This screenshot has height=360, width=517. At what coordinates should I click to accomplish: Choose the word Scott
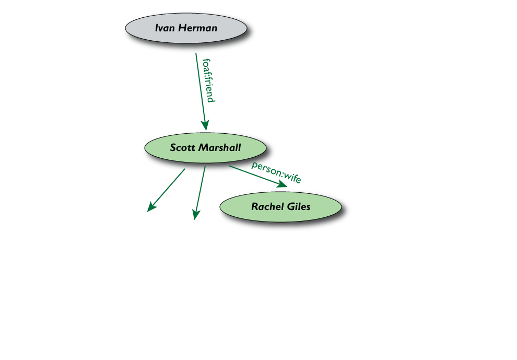tap(182, 148)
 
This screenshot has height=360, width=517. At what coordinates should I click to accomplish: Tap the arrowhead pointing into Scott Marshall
tap(205, 124)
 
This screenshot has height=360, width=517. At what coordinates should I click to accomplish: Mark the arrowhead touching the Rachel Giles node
tap(282, 184)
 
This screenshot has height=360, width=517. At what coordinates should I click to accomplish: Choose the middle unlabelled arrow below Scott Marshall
tap(199, 191)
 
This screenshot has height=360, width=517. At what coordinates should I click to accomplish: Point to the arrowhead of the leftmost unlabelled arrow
tap(151, 207)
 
